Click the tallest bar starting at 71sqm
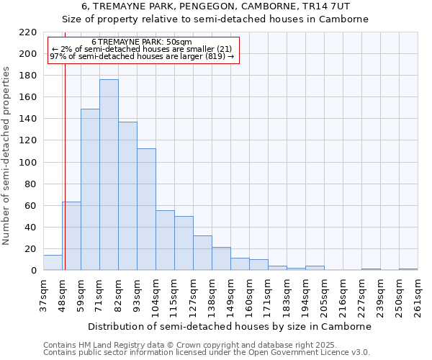click(x=109, y=175)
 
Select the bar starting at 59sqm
click(x=90, y=189)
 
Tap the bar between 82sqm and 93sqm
click(x=127, y=196)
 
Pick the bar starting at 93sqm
click(x=146, y=210)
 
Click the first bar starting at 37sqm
click(x=53, y=263)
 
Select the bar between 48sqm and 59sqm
click(x=71, y=236)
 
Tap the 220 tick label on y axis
click(x=28, y=32)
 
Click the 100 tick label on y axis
click(x=28, y=163)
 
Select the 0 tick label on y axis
click(x=33, y=271)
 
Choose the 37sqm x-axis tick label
click(x=43, y=295)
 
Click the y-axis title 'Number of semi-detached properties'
click(x=6, y=156)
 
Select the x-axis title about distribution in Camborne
click(x=230, y=326)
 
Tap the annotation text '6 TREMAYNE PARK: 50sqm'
click(x=142, y=42)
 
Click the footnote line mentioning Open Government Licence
click(x=207, y=352)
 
